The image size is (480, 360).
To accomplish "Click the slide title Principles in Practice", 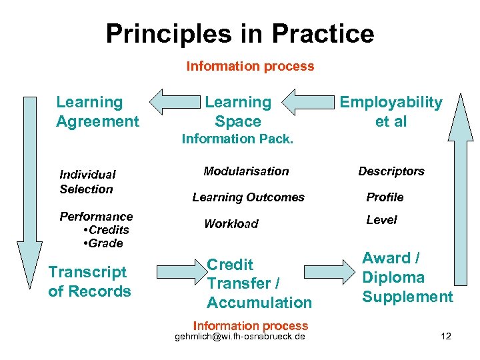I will click(240, 33).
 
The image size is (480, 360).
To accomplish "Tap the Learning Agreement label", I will click(97, 112).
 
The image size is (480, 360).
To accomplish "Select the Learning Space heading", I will click(238, 112).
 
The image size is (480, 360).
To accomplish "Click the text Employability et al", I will click(391, 112).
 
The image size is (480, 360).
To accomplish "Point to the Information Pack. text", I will click(237, 139).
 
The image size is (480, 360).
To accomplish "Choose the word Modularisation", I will click(246, 171).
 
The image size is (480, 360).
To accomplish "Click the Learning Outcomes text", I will click(248, 197).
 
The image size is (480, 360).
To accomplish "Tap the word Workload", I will click(231, 224).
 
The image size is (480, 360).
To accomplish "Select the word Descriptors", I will click(391, 171).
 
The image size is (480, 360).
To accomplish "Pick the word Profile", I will click(385, 197).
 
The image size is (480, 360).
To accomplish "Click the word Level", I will click(381, 220).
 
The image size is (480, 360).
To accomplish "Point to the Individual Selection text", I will click(87, 181).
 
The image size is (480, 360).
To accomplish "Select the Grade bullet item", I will click(103, 243).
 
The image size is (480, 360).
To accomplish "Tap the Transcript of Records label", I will click(89, 282).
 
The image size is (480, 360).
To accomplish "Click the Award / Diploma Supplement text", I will click(407, 277).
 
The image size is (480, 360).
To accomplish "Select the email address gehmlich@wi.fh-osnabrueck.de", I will click(240, 337).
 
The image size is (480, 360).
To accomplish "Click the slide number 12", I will click(446, 336).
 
